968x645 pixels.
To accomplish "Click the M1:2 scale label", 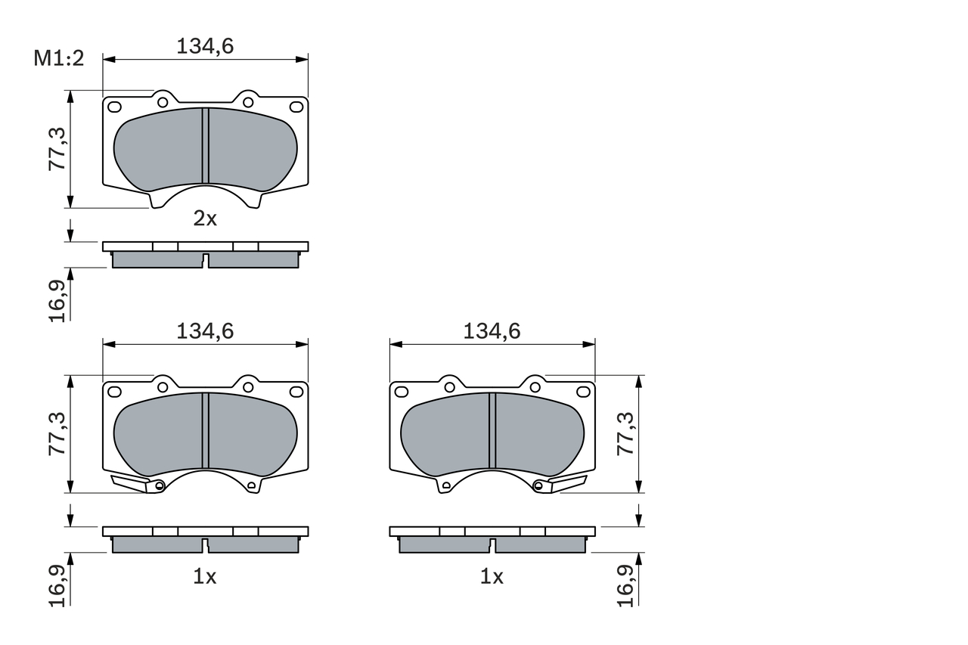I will point(58,59).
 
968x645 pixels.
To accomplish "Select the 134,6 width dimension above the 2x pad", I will point(205,46).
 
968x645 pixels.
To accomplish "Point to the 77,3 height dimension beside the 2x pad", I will point(58,149).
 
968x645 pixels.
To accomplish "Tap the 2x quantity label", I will point(205,219).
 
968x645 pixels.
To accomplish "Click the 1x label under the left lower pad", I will point(205,577).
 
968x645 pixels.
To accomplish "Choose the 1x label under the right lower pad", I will point(492,577).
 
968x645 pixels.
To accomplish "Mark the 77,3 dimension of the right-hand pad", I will point(625,433).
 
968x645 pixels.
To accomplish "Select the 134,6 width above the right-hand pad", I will point(492,331).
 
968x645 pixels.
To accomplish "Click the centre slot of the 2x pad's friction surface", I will point(205,145).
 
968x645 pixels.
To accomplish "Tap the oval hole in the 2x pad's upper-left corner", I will point(114,107).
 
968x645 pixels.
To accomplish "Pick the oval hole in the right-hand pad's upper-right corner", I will point(583,392).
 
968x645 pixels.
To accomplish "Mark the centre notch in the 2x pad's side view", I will point(205,261).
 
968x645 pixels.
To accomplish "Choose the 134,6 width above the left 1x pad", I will point(205,331).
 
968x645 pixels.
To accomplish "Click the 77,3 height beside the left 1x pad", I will point(58,433).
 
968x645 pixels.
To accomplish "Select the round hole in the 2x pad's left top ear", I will point(163,102).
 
